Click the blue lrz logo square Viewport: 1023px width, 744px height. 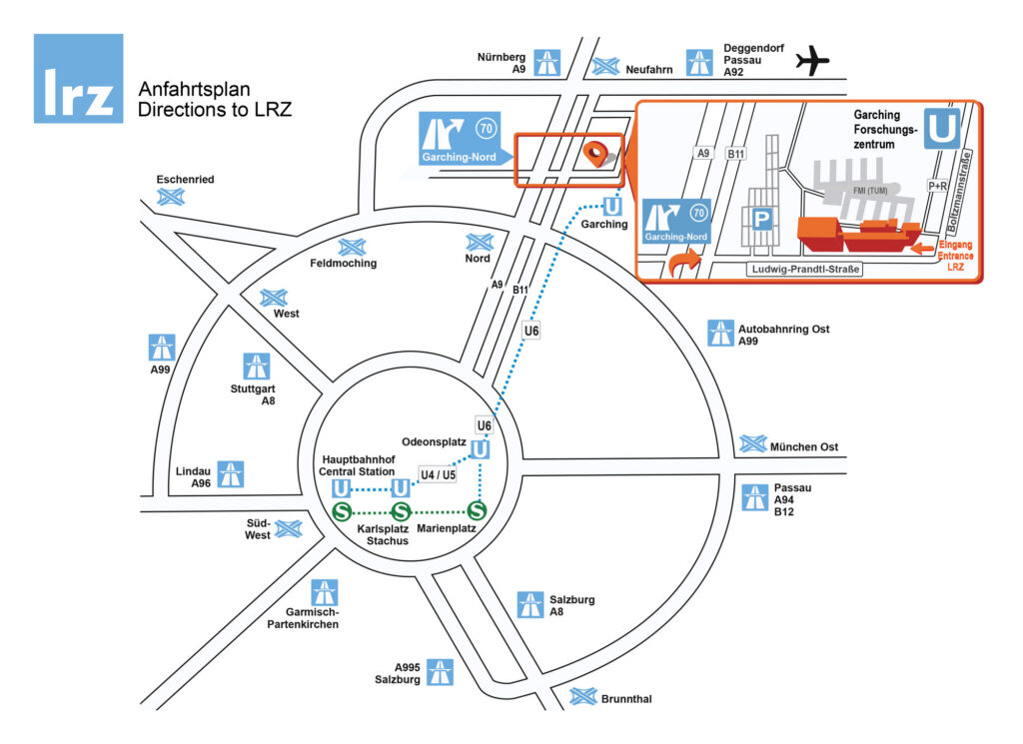[79, 79]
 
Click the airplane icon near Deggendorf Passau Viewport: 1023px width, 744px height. [813, 62]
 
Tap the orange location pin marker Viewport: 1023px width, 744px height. [595, 154]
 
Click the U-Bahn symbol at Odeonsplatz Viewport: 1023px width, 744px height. [481, 450]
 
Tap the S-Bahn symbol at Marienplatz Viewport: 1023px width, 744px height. [477, 511]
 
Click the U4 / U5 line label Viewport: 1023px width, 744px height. [437, 475]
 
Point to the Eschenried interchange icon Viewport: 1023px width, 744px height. [171, 197]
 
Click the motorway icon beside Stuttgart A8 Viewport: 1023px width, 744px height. [257, 366]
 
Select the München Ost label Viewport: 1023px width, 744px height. [802, 446]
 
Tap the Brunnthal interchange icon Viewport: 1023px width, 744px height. [581, 696]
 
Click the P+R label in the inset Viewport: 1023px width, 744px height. [937, 186]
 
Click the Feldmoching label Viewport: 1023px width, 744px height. [343, 264]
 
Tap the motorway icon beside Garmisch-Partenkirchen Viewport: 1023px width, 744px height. [324, 592]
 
